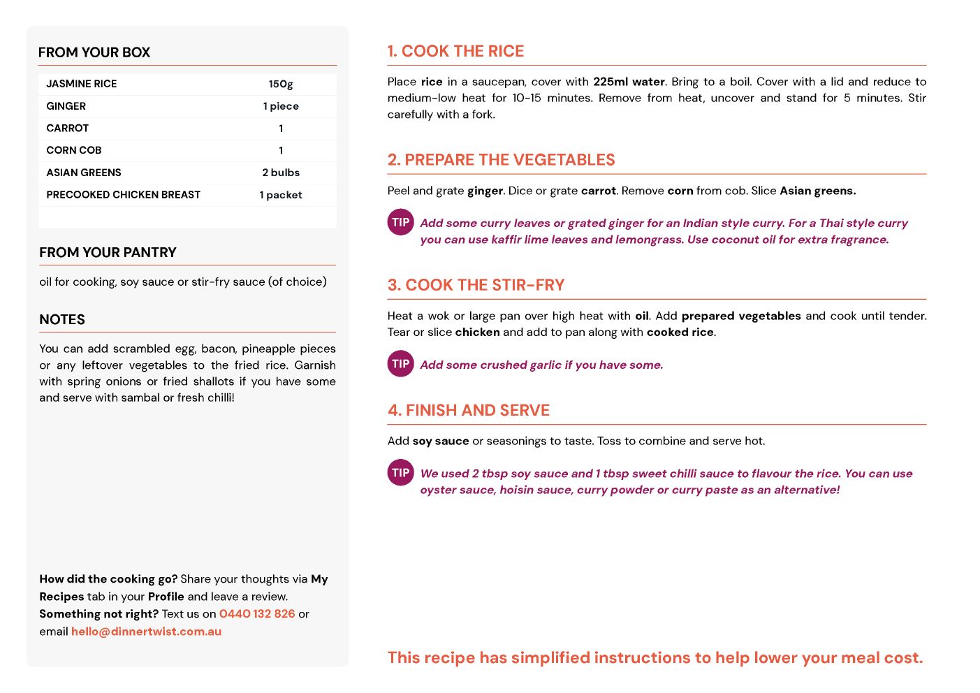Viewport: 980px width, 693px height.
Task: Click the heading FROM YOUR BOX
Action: point(94,52)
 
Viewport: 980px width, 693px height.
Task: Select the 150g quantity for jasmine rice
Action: point(281,84)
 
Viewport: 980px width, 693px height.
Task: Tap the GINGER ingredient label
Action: point(66,106)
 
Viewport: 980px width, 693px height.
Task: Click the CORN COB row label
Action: point(74,150)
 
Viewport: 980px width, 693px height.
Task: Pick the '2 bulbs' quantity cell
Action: point(281,173)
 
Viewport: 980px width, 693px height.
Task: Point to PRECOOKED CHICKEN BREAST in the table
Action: point(124,195)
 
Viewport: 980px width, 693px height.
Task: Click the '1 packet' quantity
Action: point(281,195)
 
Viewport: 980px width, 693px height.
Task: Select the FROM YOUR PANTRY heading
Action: point(108,252)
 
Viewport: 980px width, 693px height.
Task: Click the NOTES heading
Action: point(62,319)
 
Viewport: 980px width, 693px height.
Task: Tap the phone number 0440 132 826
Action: point(257,614)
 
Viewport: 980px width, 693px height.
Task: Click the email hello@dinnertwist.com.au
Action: point(146,632)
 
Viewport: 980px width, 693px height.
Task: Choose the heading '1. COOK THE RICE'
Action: point(455,51)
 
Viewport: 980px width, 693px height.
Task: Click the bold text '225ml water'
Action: point(629,82)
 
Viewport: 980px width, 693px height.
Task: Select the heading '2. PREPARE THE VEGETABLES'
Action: point(501,160)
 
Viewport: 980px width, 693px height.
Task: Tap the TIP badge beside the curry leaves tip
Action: point(400,222)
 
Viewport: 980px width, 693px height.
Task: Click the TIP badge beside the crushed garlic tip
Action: point(400,363)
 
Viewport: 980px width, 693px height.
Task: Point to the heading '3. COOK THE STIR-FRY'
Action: point(476,285)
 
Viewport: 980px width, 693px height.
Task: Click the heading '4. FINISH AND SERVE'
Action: point(469,410)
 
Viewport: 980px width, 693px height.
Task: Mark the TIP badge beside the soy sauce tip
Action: point(400,472)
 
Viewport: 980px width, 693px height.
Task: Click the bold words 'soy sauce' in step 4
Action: point(441,441)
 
